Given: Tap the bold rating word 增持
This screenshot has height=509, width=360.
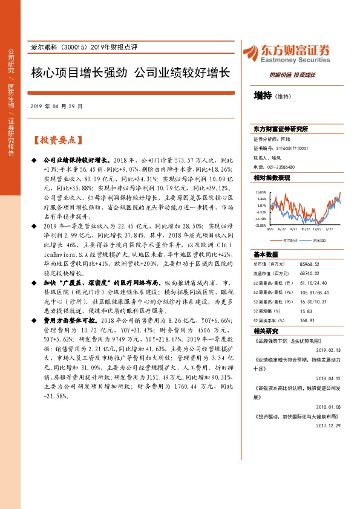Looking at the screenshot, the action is pos(263,95).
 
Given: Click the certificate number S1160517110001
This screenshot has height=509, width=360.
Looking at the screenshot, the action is pos(292,148).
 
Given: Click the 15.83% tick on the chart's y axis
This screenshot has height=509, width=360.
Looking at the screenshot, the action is pos(261,192).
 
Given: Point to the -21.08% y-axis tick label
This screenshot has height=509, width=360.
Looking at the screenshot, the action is pos(261,225).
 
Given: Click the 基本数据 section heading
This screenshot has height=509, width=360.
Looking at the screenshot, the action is pos(266,254).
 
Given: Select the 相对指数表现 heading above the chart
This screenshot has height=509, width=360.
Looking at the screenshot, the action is pos(272,178).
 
